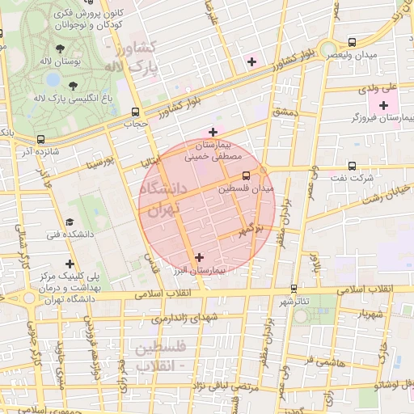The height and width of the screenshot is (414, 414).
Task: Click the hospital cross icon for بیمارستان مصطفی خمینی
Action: point(213,132)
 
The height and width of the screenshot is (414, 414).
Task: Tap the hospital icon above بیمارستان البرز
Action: point(199,257)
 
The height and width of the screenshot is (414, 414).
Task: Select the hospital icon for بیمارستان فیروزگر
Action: point(383,105)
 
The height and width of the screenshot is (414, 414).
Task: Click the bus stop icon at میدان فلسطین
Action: point(247,175)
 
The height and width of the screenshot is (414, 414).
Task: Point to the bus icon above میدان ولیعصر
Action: point(351,42)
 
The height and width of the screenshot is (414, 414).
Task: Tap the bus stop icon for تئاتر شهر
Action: point(293,288)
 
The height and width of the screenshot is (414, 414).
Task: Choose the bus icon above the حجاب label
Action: point(134,112)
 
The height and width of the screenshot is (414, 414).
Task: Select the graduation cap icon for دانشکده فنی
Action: point(69,221)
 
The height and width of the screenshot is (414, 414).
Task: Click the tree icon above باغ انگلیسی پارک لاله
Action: point(74,85)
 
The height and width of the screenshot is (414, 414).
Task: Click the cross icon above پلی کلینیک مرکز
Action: point(70,264)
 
